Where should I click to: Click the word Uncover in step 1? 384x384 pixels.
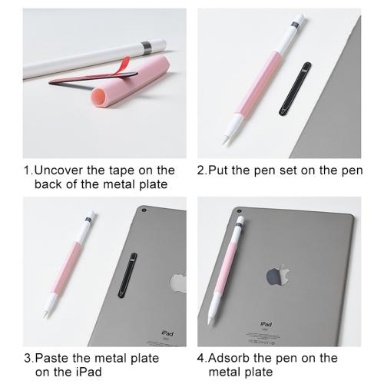point(59,170)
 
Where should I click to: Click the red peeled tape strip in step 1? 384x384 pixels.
point(122,66)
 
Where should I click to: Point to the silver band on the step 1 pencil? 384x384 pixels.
point(147,48)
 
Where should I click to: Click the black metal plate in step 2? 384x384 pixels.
point(295,89)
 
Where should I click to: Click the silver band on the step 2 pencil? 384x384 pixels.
point(296,25)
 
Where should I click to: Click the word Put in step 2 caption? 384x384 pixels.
point(217,170)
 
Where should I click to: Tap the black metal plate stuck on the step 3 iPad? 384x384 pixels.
point(127,275)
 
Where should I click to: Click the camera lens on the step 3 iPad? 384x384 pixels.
point(144,210)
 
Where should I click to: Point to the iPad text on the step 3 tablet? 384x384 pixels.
point(167,333)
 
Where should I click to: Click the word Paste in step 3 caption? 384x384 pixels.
point(51,359)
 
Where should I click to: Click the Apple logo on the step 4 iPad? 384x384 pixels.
point(278,276)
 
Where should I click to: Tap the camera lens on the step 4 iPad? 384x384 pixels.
point(240,211)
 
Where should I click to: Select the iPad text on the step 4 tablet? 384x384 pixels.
point(266,324)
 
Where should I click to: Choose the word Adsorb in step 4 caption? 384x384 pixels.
point(229,359)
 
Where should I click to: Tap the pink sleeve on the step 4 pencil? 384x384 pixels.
point(225,267)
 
